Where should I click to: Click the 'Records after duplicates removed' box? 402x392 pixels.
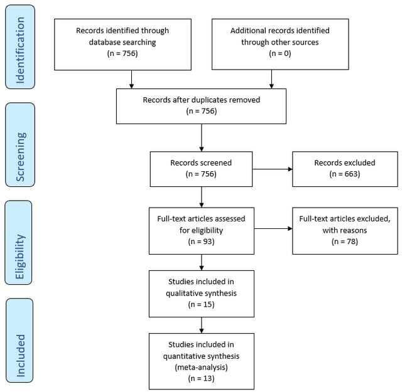click(x=201, y=105)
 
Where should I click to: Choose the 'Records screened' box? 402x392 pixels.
click(x=201, y=168)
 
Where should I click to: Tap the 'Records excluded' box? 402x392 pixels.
click(x=345, y=168)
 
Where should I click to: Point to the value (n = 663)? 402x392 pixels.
click(x=345, y=174)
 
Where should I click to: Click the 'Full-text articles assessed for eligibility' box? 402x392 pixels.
click(x=201, y=230)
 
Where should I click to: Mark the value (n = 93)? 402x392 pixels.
click(x=201, y=241)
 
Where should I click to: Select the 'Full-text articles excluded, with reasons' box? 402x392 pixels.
click(x=345, y=230)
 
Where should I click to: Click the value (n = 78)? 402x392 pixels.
click(x=345, y=241)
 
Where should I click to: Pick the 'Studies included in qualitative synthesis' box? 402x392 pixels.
click(x=201, y=293)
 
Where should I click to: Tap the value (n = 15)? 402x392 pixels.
click(x=201, y=304)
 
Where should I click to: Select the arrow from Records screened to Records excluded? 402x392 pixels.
click(x=272, y=168)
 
